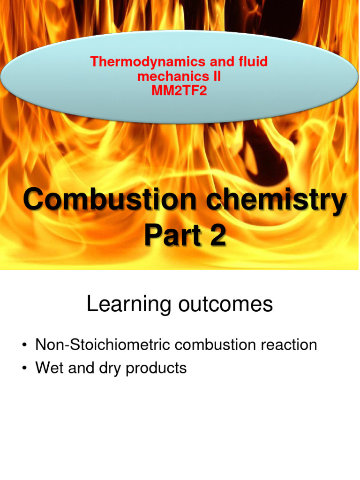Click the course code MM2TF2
tap(179, 90)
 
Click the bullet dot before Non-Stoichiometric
tap(23, 346)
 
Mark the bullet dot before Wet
tap(23, 369)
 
